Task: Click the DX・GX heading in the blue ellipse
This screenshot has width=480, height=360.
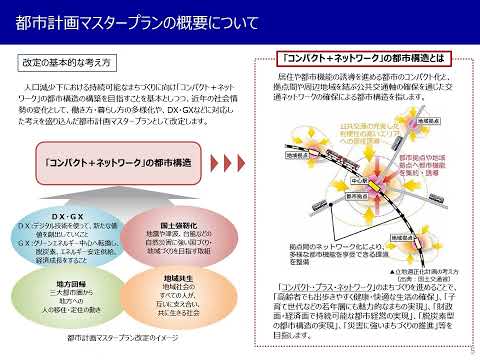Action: tap(67, 216)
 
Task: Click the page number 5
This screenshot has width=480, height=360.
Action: tap(471, 351)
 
